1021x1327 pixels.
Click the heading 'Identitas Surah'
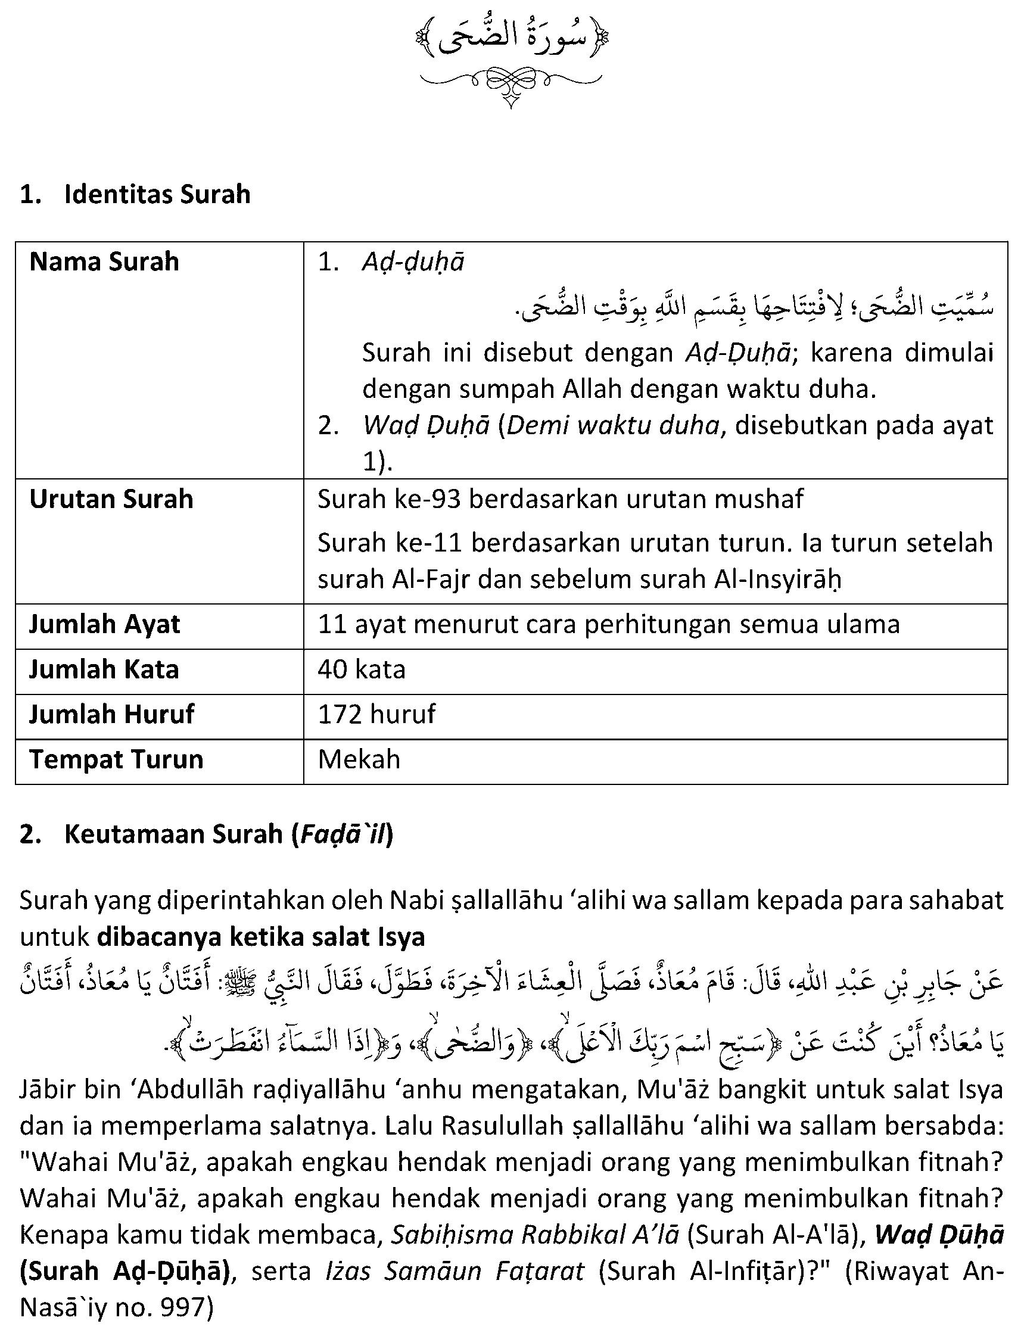157,194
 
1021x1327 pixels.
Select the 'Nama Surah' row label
104,262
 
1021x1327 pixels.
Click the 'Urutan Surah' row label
111,499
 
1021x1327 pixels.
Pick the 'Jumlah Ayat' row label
104,625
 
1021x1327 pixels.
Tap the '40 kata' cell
362,669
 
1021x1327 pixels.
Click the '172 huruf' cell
377,715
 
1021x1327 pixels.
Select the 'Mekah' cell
359,759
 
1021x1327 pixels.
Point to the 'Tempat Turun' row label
116,759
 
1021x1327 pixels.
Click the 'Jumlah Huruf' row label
112,715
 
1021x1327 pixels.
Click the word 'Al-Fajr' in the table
432,580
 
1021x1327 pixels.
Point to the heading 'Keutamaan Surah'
173,834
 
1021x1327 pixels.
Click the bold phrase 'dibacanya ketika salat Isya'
261,936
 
